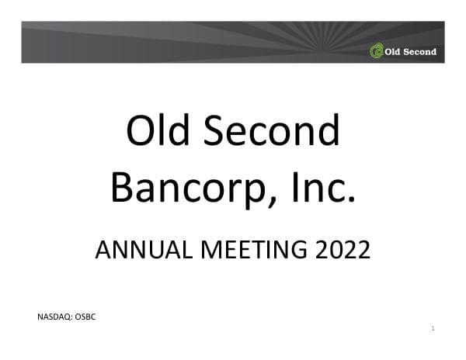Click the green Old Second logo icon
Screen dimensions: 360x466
377,52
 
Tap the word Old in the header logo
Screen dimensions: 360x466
392,52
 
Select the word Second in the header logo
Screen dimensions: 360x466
419,52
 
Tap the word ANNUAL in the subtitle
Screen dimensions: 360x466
140,250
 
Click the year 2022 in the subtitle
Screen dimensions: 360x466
339,250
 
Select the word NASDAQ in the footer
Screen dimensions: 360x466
54,317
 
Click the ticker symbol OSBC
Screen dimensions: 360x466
85,317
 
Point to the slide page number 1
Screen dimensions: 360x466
433,329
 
